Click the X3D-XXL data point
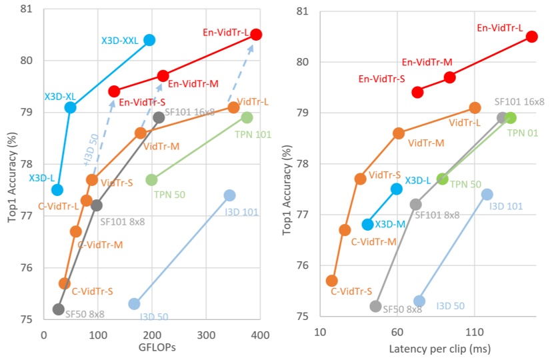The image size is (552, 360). (149, 40)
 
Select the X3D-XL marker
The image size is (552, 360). (71, 107)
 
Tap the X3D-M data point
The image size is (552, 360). (367, 224)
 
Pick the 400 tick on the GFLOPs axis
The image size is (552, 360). (261, 333)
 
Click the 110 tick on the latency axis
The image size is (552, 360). (475, 333)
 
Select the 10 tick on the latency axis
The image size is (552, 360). (320, 333)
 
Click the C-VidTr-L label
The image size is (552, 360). (58, 206)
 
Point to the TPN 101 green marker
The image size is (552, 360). (247, 117)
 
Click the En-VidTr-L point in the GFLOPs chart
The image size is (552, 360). (256, 34)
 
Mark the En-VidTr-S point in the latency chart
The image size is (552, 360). (417, 92)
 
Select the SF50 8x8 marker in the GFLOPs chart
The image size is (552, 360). (59, 309)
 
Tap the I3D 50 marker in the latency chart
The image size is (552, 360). (419, 301)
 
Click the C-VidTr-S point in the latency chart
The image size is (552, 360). (331, 281)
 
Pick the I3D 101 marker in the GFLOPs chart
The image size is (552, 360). (229, 195)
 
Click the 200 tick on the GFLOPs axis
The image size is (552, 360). (153, 333)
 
